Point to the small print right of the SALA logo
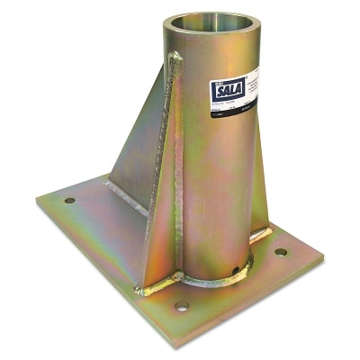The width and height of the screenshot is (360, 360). [x=245, y=85]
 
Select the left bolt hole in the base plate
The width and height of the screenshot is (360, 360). [x=69, y=200]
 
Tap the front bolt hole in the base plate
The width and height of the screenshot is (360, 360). [x=183, y=307]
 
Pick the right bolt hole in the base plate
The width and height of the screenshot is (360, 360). [x=282, y=252]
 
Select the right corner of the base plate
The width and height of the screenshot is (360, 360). [x=321, y=261]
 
